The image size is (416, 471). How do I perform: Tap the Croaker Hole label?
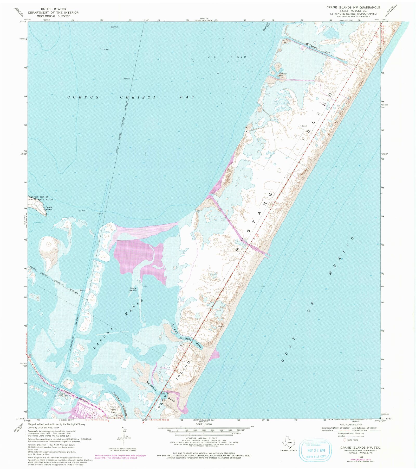[x=282, y=74]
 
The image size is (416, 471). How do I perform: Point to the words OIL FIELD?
[x=227, y=56]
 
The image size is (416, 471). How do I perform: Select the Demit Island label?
[x=49, y=209]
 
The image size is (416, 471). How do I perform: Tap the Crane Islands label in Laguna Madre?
[x=133, y=289]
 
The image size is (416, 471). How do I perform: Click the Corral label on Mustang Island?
[x=304, y=126]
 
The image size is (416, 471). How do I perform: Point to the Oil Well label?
[x=106, y=49]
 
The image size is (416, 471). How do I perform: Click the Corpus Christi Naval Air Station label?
[x=41, y=198]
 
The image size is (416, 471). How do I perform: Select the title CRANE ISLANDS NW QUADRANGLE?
[x=353, y=7]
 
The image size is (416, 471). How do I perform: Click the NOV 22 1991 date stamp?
[x=316, y=451]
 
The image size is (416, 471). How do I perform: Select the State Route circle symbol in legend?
[x=344, y=440]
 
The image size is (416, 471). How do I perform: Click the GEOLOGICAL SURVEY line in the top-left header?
[x=53, y=16]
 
